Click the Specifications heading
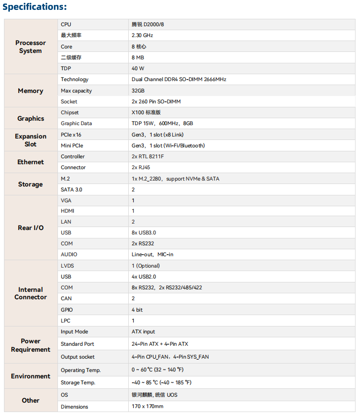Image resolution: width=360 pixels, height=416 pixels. pos(35,7)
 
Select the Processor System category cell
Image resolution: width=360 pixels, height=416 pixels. pos(31,47)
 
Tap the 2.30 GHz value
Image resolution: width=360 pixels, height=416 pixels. pos(143,36)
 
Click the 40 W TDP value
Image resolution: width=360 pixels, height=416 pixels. pos(138,68)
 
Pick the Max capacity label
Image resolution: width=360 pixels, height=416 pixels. pos(76,91)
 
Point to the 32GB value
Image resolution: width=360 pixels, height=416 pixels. pos(138,91)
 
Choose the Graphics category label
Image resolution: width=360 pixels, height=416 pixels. pos(31,119)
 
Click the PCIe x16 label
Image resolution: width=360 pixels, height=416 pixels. pos(71,135)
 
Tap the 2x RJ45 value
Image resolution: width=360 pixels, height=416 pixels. pos(141,168)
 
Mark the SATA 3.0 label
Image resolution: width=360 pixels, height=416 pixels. pos(72,190)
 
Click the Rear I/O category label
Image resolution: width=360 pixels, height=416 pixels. pos(31,228)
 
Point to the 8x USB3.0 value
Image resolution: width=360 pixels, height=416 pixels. pos(144,232)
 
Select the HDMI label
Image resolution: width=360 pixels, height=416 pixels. pos(68,211)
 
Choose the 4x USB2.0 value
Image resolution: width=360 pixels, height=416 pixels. pos(144,277)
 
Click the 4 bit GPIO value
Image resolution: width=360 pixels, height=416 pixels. pos(137,310)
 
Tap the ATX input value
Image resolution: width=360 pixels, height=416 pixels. pos(144,332)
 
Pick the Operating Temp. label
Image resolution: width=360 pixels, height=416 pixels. pos(81,370)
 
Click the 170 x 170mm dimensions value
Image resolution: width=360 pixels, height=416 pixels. pos(148,407)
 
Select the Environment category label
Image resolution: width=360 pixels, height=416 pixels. pos(31,376)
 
